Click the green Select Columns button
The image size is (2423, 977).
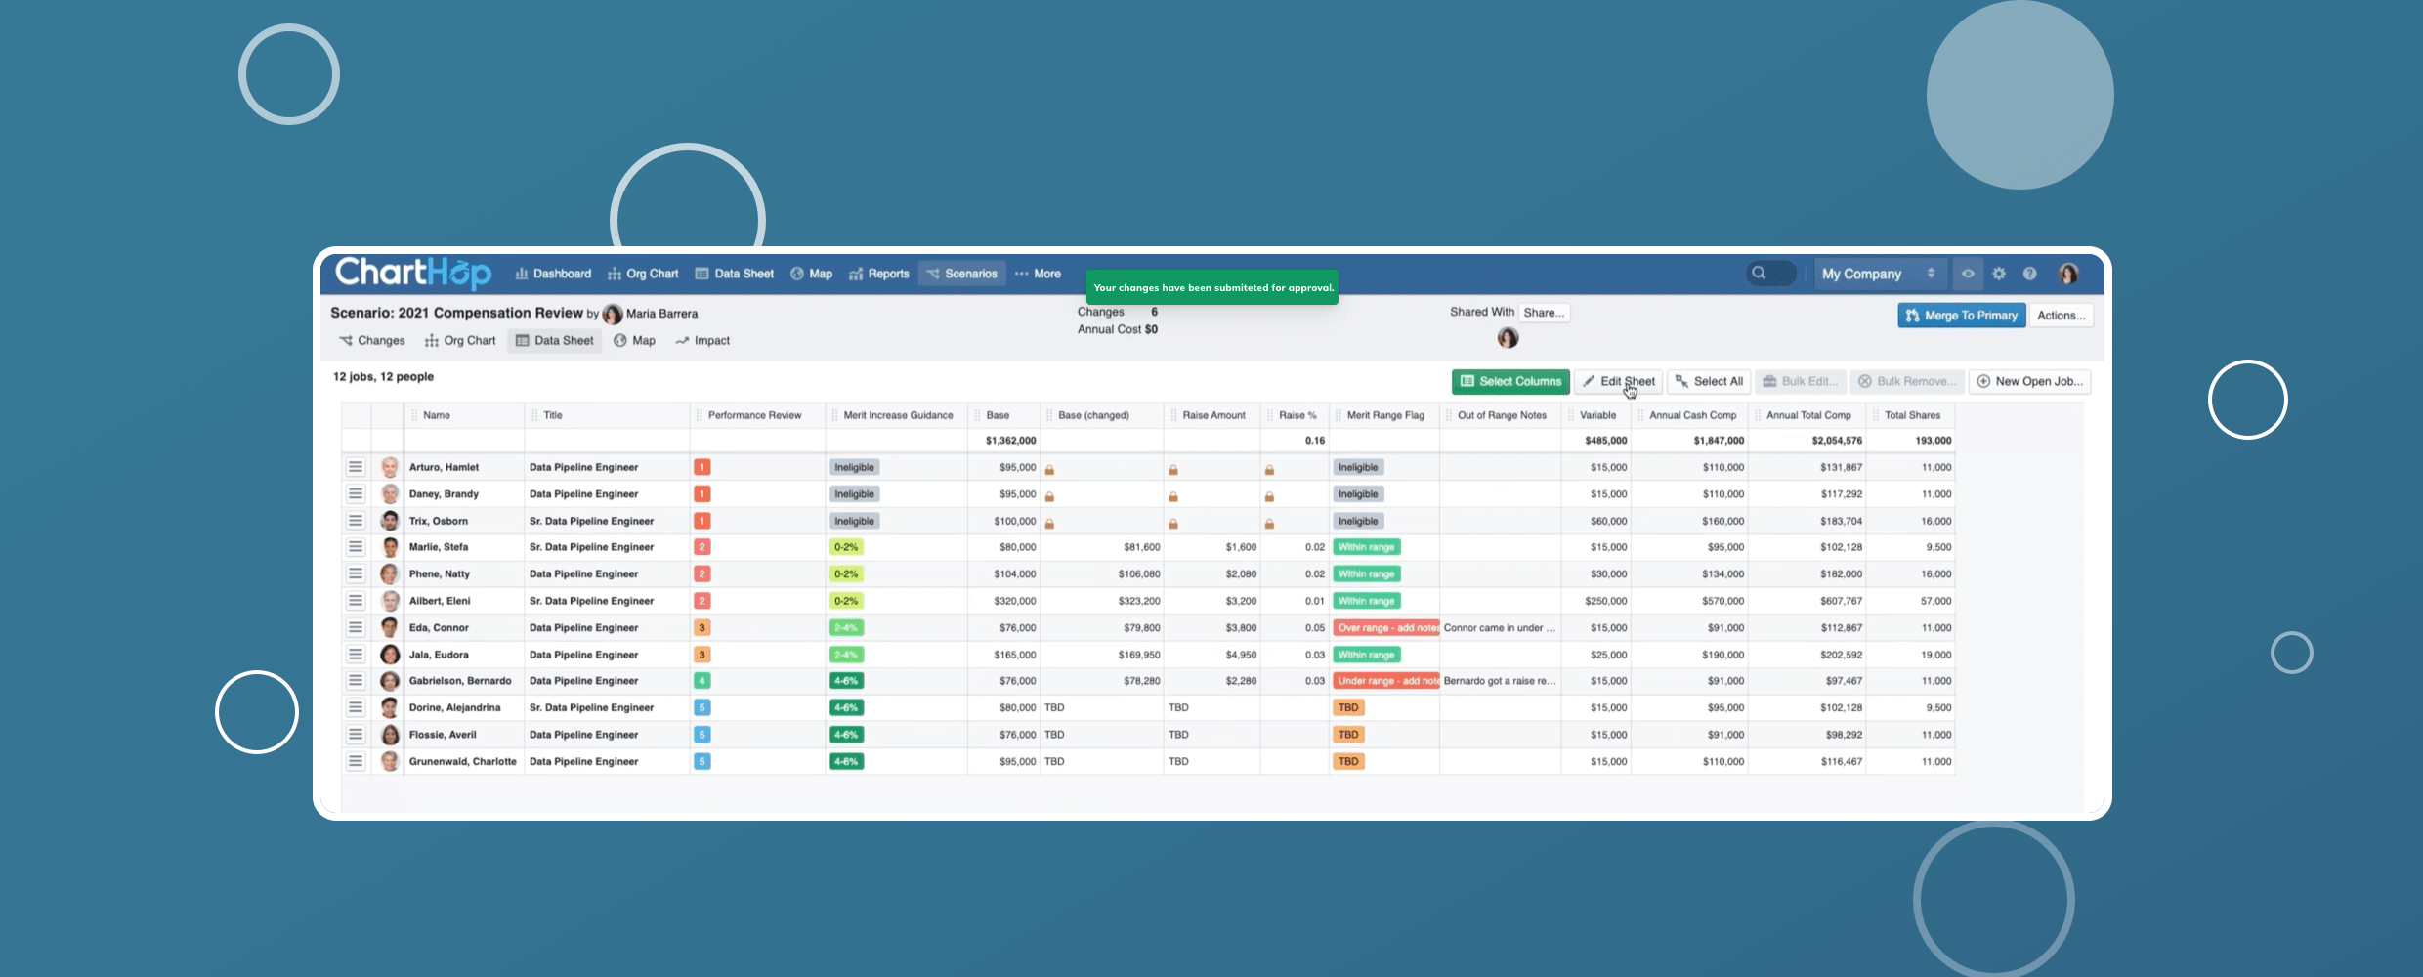click(x=1510, y=381)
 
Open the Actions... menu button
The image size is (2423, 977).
click(x=2061, y=316)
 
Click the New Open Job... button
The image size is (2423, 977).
click(x=2029, y=381)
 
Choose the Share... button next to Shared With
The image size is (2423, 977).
click(x=1544, y=313)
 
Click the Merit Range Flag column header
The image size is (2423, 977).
click(x=1384, y=415)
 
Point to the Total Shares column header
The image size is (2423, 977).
click(x=1911, y=415)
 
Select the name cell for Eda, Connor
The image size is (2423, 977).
click(x=439, y=628)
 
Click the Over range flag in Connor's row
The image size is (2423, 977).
click(x=1385, y=628)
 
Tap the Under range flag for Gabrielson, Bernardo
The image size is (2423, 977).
click(x=1385, y=681)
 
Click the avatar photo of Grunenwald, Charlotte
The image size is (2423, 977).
click(x=390, y=761)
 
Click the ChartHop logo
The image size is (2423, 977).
click(x=412, y=273)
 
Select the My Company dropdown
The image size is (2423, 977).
click(x=1877, y=274)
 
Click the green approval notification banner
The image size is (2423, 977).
click(x=1212, y=287)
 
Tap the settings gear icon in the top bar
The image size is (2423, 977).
click(x=1999, y=274)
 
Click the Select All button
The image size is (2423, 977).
click(x=1709, y=381)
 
